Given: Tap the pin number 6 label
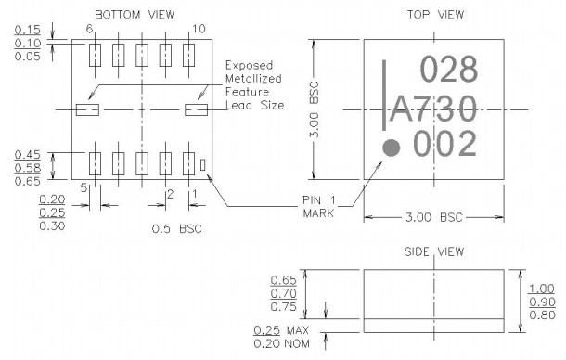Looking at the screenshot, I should tap(90, 30).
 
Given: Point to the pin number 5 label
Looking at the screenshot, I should tap(84, 188).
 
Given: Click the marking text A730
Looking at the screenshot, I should tap(433, 109).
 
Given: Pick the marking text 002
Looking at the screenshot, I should tap(444, 145).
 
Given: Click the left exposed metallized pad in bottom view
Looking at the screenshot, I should tap(86, 110).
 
